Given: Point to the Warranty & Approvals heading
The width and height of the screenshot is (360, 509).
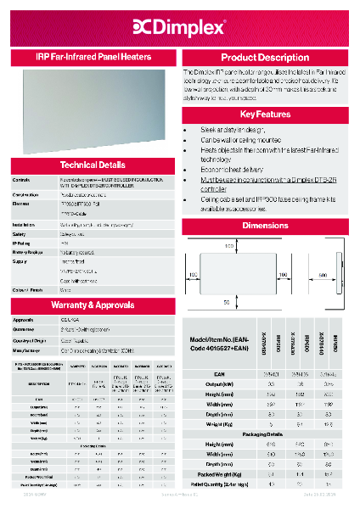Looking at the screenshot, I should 93,303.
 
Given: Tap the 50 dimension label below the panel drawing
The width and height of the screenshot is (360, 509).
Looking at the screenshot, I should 227,301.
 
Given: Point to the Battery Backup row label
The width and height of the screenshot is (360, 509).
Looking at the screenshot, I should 27,253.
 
